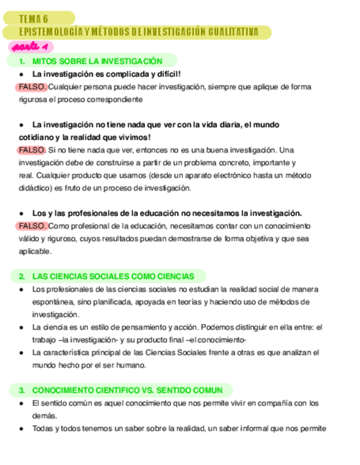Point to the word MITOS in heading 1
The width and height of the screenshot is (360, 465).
(x=43, y=61)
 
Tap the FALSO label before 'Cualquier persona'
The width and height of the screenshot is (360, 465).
(x=31, y=87)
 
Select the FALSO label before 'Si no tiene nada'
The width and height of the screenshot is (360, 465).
(x=31, y=150)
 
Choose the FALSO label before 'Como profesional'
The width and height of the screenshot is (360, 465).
(x=31, y=226)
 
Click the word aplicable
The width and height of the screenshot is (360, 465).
(x=34, y=251)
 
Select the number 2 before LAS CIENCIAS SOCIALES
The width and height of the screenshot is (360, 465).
(x=21, y=276)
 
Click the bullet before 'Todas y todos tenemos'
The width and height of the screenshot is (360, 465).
(x=21, y=429)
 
